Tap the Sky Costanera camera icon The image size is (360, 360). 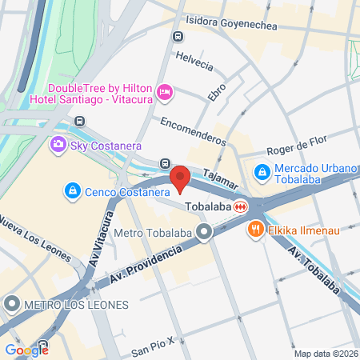click(x=58, y=145)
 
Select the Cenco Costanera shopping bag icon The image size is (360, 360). click(x=72, y=191)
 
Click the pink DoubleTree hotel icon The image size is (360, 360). click(x=165, y=93)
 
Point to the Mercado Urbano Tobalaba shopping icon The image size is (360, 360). click(x=262, y=171)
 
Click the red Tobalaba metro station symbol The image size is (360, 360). click(x=240, y=206)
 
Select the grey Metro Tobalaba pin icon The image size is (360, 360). click(x=204, y=233)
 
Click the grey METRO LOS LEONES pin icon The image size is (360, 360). click(x=12, y=304)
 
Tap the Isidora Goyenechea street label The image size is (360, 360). click(x=230, y=26)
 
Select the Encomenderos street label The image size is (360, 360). click(x=194, y=130)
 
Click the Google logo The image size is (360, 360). click(x=26, y=350)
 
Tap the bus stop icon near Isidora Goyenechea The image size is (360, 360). click(x=177, y=36)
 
